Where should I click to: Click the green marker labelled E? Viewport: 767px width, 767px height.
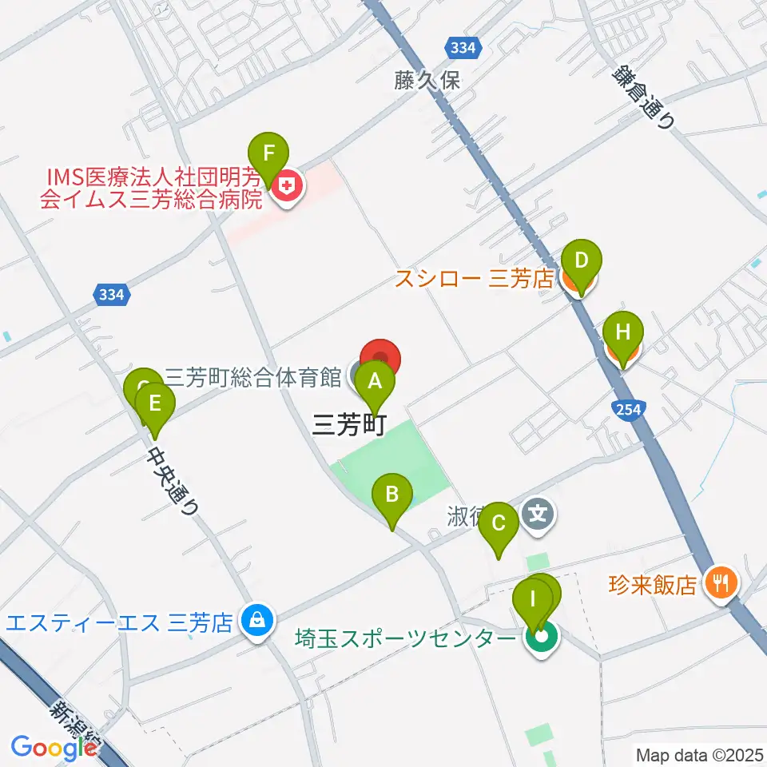[x=155, y=402]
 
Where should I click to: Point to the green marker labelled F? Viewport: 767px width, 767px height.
[x=268, y=153]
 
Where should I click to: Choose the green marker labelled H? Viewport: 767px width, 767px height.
[x=623, y=332]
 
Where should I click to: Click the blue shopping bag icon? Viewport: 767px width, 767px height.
[x=256, y=618]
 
